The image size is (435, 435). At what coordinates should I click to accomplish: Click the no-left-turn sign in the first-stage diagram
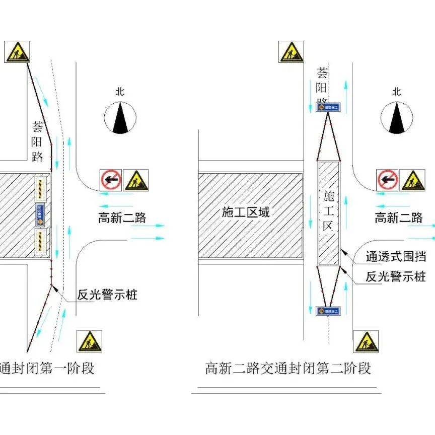click(111, 180)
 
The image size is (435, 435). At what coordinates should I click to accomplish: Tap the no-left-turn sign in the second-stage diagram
click(387, 180)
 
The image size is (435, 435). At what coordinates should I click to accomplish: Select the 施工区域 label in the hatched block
click(246, 212)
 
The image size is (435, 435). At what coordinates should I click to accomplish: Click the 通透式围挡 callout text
click(396, 257)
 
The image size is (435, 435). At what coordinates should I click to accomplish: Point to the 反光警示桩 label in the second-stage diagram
click(396, 276)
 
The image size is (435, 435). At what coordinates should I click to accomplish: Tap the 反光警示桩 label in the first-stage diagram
click(107, 295)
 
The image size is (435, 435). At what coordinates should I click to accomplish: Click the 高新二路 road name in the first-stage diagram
click(122, 218)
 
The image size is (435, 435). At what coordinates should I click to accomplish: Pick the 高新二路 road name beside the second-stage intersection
click(398, 218)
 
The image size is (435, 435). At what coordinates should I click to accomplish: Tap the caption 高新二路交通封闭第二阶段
click(288, 368)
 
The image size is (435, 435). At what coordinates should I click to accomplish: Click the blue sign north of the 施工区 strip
click(328, 107)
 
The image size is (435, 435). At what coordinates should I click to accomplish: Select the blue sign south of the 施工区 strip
click(328, 311)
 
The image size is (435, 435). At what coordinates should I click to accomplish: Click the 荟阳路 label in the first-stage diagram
click(38, 141)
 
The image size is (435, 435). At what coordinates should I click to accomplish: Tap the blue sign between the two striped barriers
click(41, 214)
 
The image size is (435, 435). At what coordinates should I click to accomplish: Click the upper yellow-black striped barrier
click(41, 187)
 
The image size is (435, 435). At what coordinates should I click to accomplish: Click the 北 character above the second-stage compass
click(397, 92)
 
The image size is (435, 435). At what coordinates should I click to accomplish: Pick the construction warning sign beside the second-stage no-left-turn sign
click(412, 180)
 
